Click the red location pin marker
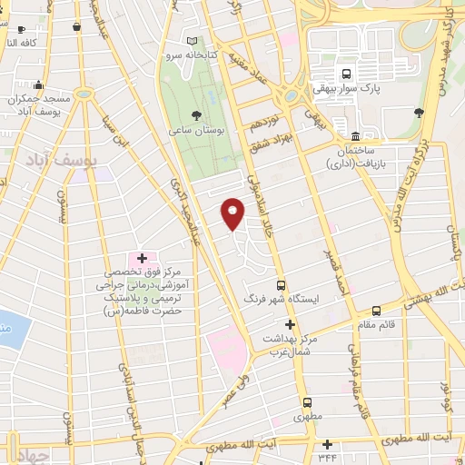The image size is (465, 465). pyautogui.click(x=233, y=213)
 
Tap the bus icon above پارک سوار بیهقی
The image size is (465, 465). pyautogui.click(x=345, y=74)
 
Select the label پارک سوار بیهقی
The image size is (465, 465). pyautogui.click(x=345, y=90)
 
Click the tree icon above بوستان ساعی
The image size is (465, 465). pyautogui.click(x=196, y=114)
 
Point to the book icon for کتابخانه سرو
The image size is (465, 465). pyautogui.click(x=192, y=41)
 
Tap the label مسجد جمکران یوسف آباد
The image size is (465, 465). pyautogui.click(x=38, y=104)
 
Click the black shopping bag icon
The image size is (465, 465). pyautogui.click(x=74, y=27)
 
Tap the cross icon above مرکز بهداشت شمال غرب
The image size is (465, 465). pyautogui.click(x=291, y=324)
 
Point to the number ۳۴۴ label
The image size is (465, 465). pyautogui.click(x=327, y=456)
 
